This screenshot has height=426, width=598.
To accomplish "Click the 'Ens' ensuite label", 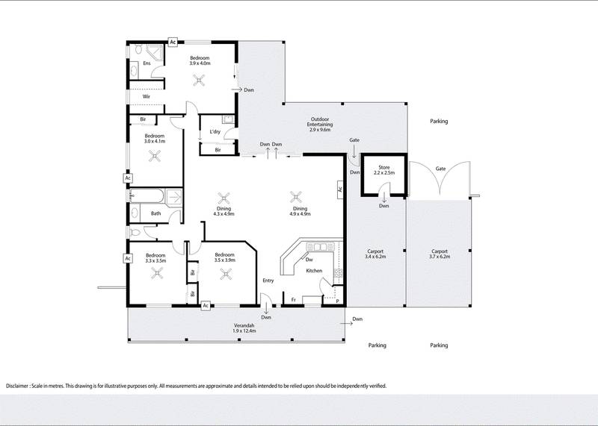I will point(147,63).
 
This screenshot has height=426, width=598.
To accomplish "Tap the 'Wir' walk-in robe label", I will point(147,96).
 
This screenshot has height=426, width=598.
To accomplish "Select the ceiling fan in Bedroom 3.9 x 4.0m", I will point(199,82).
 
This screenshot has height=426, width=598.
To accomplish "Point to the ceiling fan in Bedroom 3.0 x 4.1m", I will point(155,156).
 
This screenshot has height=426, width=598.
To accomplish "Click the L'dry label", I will point(215,132).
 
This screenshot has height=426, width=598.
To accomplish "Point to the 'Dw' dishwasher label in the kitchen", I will point(309,260).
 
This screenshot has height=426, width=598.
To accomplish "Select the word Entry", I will point(268,281).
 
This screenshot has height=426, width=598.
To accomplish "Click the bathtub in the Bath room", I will point(147,198).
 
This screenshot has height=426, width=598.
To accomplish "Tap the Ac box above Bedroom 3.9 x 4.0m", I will point(173,43).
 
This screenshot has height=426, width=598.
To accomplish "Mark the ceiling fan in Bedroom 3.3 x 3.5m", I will point(157,274).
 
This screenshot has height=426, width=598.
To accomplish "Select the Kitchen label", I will point(315,270).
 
